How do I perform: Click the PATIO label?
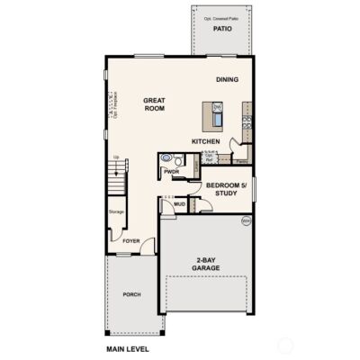(222, 29)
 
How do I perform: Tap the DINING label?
(227, 80)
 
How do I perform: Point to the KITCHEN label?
(206, 141)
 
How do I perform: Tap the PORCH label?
(132, 294)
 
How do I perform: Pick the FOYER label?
(131, 241)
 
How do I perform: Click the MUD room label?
(179, 204)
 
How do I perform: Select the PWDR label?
(173, 171)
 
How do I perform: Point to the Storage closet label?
(116, 212)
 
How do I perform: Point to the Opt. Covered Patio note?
(221, 19)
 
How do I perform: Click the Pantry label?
(241, 162)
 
